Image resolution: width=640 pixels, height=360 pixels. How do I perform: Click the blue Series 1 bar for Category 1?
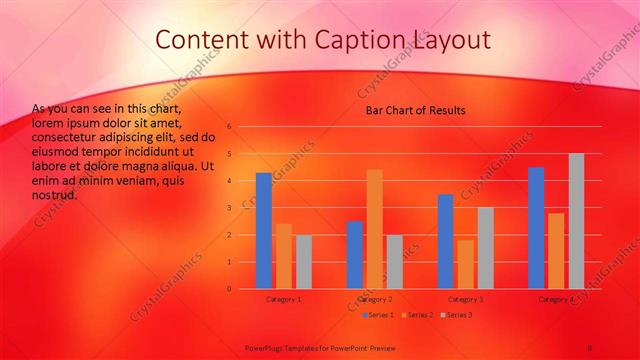264,231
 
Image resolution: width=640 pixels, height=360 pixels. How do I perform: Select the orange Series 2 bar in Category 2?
374,229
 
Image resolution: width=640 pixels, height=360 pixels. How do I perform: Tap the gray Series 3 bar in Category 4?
575,221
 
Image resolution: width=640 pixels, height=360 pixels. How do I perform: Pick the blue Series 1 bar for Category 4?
537,228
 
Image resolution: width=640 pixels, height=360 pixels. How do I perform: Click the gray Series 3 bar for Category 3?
485,248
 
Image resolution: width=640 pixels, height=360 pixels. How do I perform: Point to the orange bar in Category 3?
466,264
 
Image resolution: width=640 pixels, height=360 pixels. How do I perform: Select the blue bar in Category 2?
355,255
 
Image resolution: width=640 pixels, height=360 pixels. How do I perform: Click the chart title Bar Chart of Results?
415,110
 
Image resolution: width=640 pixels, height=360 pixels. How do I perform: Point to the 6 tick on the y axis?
229,127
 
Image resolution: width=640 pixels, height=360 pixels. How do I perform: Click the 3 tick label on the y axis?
229,208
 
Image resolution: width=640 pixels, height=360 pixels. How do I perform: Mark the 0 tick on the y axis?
229,289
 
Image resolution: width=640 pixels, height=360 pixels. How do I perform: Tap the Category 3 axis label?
465,299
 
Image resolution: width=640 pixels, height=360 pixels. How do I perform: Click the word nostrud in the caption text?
55,195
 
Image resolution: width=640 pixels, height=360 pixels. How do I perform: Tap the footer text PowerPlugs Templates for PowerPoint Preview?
319,346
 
